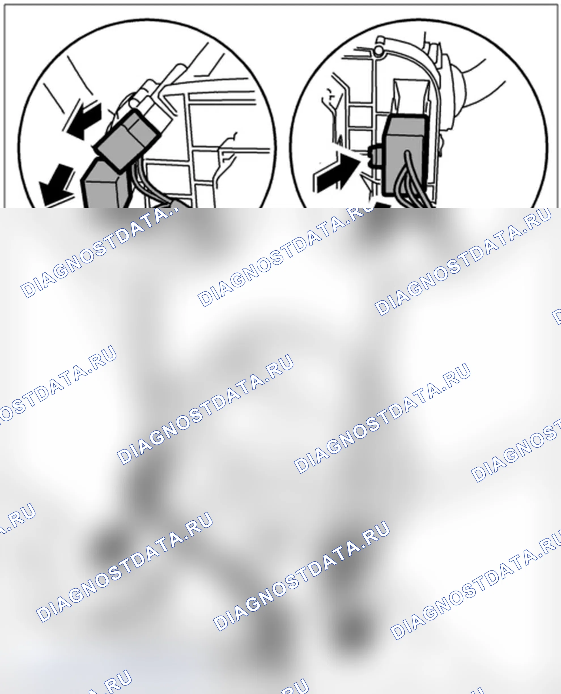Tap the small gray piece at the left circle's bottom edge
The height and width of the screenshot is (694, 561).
(x=176, y=204)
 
